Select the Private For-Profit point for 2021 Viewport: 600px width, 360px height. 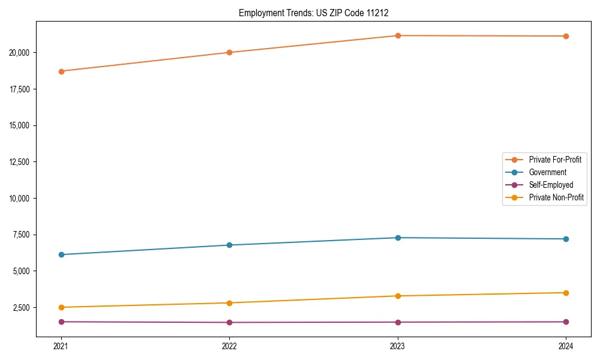[61, 71]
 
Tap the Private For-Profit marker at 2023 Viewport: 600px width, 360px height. [398, 35]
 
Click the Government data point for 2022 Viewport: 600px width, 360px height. [229, 245]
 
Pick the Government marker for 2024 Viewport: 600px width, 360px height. [566, 239]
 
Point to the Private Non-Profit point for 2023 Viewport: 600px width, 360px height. [398, 296]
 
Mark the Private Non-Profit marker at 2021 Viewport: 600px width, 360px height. [61, 307]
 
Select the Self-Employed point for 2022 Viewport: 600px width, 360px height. [229, 322]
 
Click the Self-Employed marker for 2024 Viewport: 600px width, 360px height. [566, 322]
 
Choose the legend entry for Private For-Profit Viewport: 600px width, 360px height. [555, 160]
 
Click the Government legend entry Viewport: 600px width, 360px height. [547, 172]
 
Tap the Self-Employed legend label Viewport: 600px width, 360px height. [551, 185]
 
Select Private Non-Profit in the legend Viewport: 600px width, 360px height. [556, 197]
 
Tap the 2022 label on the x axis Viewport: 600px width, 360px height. [229, 346]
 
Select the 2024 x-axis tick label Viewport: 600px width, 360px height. [566, 346]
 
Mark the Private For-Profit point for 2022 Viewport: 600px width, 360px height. [229, 52]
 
